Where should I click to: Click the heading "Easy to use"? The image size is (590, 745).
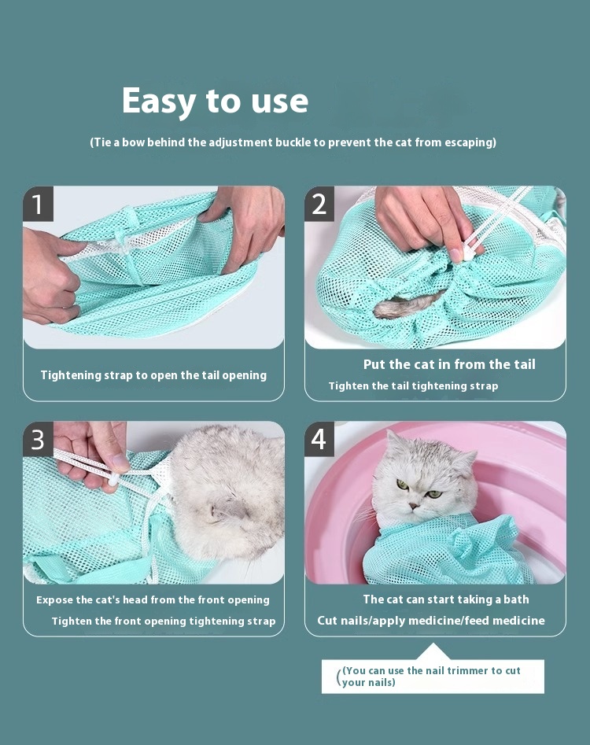tap(215, 101)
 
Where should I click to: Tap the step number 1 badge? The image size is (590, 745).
tap(38, 203)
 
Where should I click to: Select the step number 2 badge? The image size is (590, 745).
tap(319, 203)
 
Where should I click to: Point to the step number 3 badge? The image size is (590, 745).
tap(38, 439)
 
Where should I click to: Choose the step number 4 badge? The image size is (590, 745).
tap(319, 439)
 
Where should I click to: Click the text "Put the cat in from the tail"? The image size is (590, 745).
tap(449, 364)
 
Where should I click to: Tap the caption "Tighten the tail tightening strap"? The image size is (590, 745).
tap(413, 385)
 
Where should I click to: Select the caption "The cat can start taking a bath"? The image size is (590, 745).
tap(446, 599)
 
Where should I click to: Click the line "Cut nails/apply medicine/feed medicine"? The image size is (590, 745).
tap(431, 621)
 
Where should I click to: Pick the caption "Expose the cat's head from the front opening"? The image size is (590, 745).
tap(153, 599)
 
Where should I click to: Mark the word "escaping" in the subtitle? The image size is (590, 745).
tap(470, 142)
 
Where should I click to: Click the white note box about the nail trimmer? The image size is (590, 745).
tap(433, 677)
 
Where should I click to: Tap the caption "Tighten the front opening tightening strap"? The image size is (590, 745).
tap(164, 621)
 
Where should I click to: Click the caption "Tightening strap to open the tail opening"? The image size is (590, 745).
tap(153, 375)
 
